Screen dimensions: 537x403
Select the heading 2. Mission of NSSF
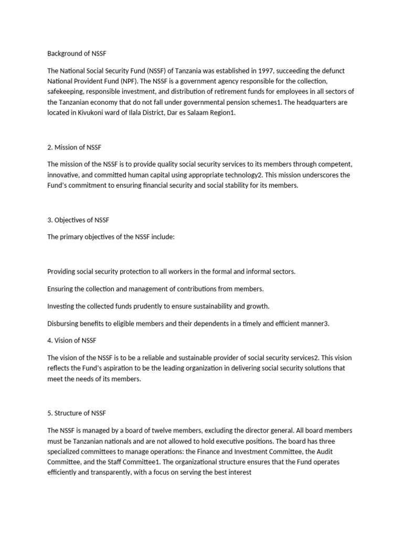78,147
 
